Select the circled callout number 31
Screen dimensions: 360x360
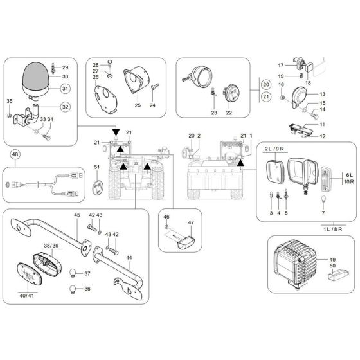pos(66,89)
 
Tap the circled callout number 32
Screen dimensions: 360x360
pos(66,107)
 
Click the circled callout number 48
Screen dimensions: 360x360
pos(15,154)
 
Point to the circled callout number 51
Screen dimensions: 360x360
pos(97,168)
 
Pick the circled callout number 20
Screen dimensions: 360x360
pos(265,84)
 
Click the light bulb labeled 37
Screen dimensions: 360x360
pos(74,272)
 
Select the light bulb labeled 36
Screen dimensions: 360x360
pos(74,289)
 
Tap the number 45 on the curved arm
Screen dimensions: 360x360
pos(76,215)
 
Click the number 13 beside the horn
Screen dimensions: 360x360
pos(323,93)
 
